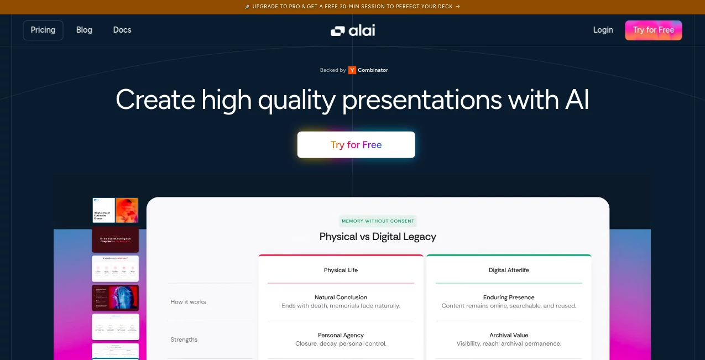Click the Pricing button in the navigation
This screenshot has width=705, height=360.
(43, 30)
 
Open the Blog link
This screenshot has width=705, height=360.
(84, 30)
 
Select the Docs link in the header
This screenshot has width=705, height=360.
(122, 30)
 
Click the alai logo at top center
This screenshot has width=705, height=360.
(353, 30)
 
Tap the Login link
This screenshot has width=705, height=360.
(603, 30)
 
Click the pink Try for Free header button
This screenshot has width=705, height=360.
(653, 30)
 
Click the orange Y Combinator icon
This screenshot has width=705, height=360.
(352, 70)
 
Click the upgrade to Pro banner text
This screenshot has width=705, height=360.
(352, 7)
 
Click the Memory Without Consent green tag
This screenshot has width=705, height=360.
(378, 221)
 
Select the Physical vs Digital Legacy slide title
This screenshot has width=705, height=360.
(378, 237)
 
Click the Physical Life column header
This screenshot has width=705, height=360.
(341, 270)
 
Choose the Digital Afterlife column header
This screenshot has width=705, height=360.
(508, 270)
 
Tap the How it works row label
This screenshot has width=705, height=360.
(188, 302)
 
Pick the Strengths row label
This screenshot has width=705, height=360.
(184, 340)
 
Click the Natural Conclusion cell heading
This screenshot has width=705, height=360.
(341, 298)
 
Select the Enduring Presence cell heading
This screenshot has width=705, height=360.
(508, 298)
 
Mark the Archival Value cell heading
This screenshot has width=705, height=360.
(508, 335)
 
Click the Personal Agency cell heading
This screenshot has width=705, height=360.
(341, 335)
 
